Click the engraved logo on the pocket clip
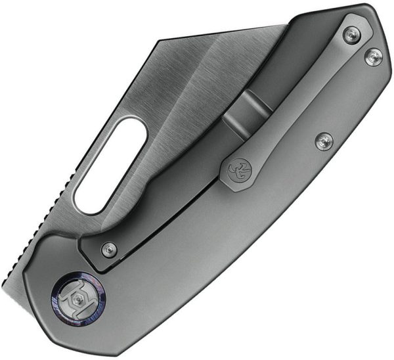(x=235, y=171)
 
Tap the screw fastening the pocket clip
(x=351, y=35)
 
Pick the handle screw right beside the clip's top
(x=374, y=57)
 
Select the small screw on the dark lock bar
(x=109, y=249)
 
